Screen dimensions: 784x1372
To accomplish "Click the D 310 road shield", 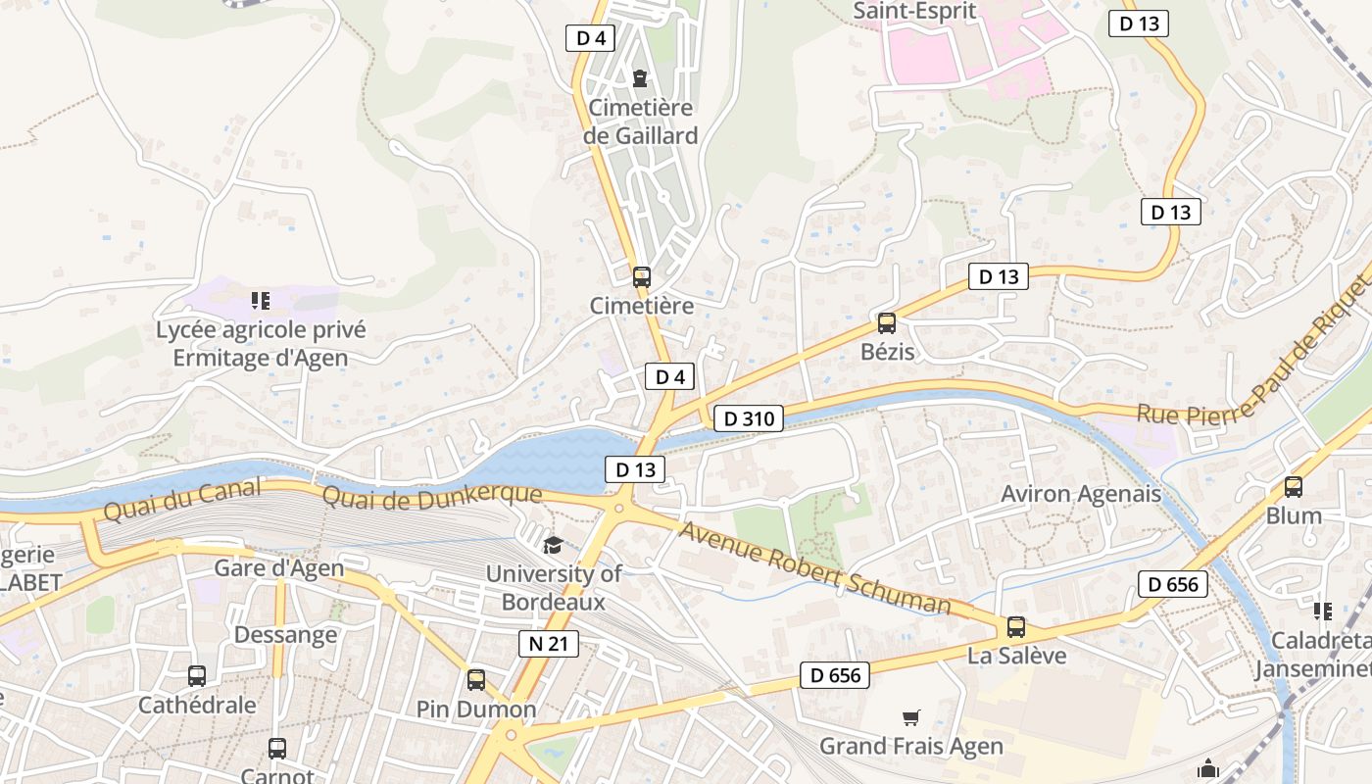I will [x=749, y=419].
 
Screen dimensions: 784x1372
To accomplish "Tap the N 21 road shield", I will [x=548, y=644].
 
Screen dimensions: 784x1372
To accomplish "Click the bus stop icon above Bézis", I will [x=887, y=322].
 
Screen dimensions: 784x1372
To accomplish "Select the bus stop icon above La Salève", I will [x=1016, y=627].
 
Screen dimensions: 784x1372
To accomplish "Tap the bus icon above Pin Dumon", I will [x=476, y=679].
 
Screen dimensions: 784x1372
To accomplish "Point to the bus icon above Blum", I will [x=1294, y=486].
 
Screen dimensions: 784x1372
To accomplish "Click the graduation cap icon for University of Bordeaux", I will [x=553, y=545].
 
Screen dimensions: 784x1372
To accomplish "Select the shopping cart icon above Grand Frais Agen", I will [x=911, y=718].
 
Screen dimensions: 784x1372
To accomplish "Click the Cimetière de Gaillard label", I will [x=640, y=122].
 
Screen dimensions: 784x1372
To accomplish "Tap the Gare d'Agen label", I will [x=279, y=568].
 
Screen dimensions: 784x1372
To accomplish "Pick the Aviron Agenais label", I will [x=1081, y=494].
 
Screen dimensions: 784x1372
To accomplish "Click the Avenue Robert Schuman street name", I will [x=814, y=568].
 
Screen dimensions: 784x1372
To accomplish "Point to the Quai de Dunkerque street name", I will [x=431, y=496].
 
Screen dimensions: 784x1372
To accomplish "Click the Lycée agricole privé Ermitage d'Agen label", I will [x=261, y=344].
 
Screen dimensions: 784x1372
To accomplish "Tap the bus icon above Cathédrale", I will [x=197, y=675].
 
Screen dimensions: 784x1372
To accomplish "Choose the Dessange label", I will [x=285, y=635].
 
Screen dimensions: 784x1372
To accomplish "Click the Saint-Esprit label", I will [x=914, y=11].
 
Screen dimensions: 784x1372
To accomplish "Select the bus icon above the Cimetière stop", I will [x=642, y=276].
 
